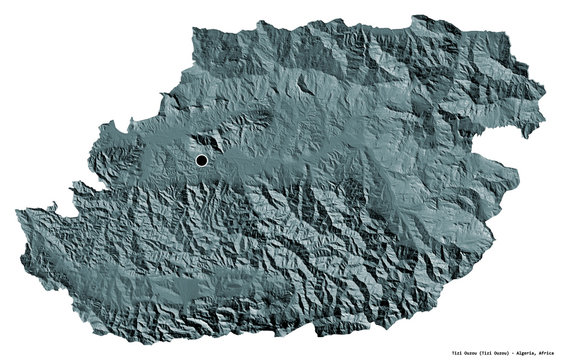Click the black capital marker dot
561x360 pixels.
click(201, 160)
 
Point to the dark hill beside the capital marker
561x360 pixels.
click(216, 150)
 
